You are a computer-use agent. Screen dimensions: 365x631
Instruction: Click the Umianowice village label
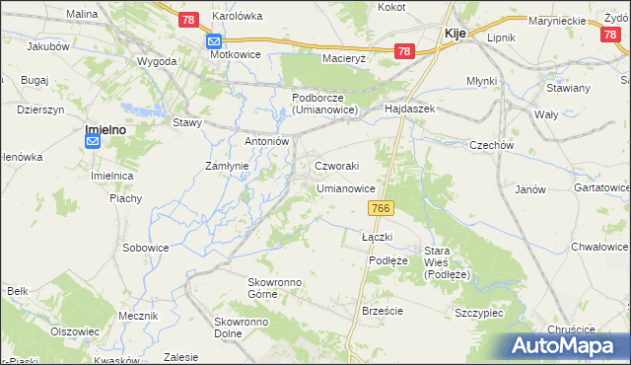pos(345,187)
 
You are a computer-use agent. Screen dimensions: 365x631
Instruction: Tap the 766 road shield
pos(383,208)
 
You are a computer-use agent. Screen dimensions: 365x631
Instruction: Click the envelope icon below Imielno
pos(93,142)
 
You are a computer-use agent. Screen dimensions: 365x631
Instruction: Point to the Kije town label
pos(455,34)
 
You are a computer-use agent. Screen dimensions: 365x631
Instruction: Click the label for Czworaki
pos(336,166)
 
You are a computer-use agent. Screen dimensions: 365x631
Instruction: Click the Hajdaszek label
pos(410,109)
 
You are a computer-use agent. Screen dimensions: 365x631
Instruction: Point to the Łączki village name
pos(377,237)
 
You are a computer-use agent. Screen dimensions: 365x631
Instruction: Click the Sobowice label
pos(145,247)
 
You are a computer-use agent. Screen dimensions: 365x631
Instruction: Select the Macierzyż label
pos(344,58)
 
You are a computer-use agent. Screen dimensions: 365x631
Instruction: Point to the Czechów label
pos(493,145)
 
